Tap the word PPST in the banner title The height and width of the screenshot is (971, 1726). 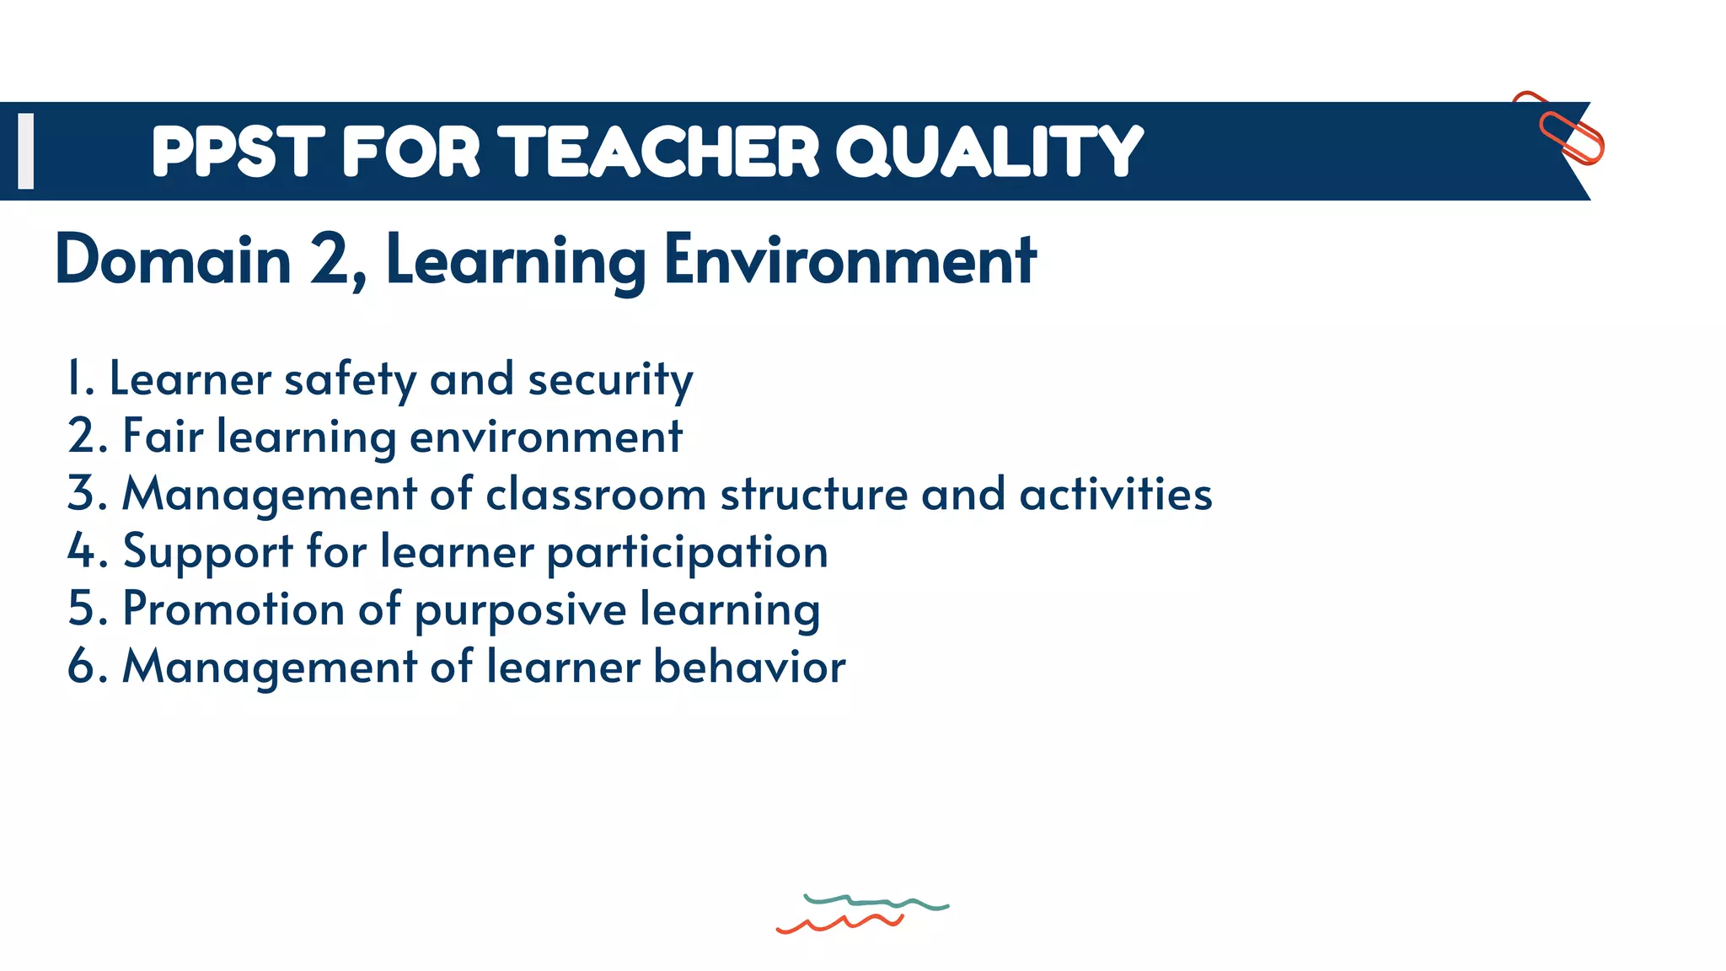[238, 152]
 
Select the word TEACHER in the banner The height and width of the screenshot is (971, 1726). [663, 152]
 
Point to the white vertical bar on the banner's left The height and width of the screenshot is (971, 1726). [26, 151]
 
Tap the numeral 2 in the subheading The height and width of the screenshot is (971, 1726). [330, 260]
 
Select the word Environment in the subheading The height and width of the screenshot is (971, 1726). [850, 260]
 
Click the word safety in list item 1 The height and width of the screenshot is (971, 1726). [350, 380]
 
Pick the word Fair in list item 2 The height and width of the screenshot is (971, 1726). [163, 437]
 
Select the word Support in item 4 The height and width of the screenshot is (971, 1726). [208, 553]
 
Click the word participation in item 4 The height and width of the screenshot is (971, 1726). [687, 553]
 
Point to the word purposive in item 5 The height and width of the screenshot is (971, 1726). [520, 610]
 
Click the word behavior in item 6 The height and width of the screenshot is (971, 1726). [749, 667]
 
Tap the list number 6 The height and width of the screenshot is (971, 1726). [82, 667]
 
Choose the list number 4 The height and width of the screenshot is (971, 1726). [82, 551]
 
